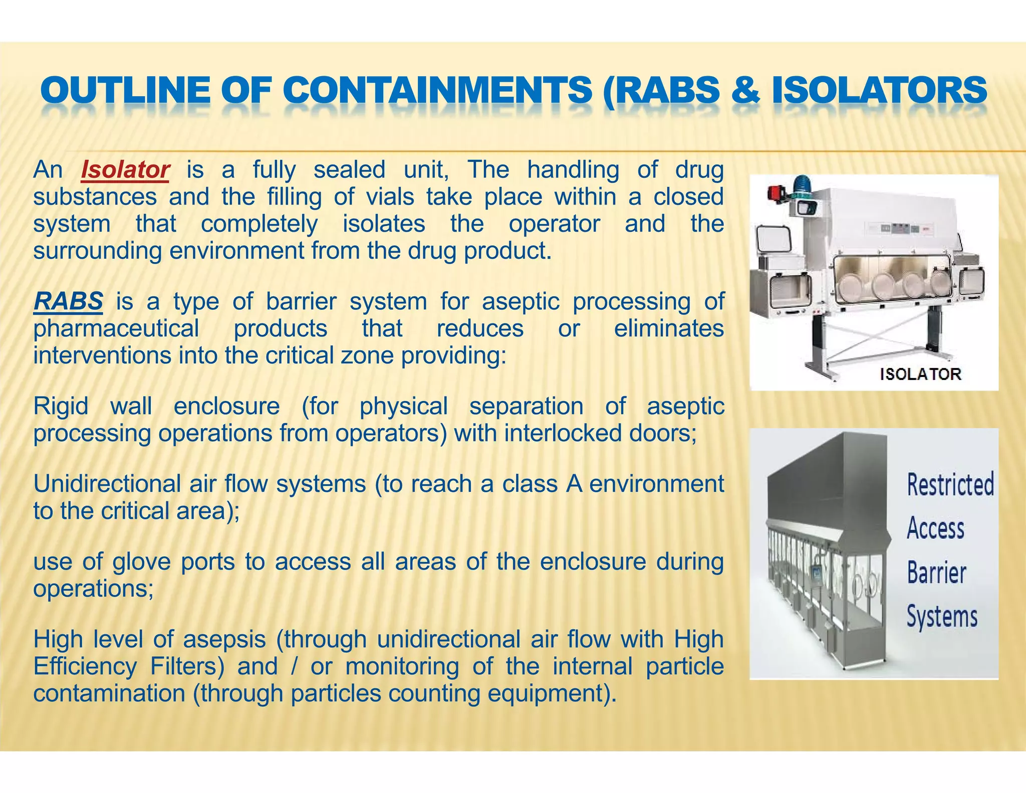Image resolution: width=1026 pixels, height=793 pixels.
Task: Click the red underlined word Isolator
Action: point(125,170)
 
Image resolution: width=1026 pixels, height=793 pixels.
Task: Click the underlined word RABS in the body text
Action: point(68,301)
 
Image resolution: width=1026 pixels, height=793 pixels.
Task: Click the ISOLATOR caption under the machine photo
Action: point(920,374)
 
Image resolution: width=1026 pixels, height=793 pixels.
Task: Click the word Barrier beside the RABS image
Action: point(936,572)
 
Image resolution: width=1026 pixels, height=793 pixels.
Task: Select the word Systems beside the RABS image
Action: point(942,616)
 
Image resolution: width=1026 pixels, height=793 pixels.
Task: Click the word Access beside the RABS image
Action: point(935,528)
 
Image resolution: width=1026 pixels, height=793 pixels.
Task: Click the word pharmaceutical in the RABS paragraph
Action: point(116,329)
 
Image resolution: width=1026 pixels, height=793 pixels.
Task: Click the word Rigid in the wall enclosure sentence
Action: point(61,406)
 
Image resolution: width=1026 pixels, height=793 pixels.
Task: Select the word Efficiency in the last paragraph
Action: point(85,667)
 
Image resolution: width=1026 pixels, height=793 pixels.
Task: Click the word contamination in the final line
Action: point(109,694)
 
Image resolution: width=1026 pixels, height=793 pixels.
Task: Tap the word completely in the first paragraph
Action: point(259,224)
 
